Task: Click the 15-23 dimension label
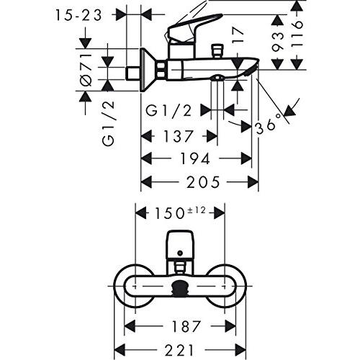[x=79, y=16]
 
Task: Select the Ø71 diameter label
[x=86, y=70]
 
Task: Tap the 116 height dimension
[x=297, y=35]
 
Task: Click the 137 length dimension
[x=178, y=136]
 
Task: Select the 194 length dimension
[x=195, y=158]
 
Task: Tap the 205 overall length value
[x=203, y=181]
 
